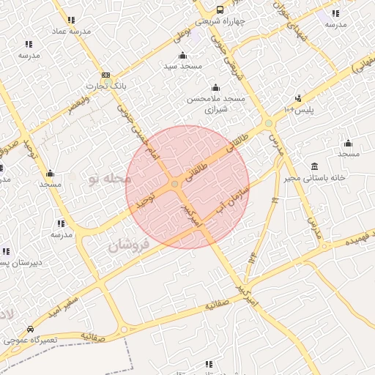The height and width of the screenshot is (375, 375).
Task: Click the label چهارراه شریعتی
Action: (x=220, y=21)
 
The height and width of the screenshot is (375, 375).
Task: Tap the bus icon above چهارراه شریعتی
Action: (x=220, y=10)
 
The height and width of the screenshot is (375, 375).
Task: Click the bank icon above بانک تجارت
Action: (x=106, y=75)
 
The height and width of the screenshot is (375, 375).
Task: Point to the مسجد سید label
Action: (x=182, y=67)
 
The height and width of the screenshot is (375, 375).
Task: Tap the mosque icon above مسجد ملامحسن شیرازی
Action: (x=215, y=88)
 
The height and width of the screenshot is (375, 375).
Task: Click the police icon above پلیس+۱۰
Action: (x=298, y=98)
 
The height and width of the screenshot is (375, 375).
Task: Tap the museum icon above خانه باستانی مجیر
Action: (x=314, y=166)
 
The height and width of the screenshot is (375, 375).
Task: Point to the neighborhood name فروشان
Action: (x=129, y=245)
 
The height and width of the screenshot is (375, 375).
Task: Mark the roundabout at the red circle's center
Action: (x=176, y=184)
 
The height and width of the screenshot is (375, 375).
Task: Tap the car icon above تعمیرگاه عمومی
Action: (x=29, y=329)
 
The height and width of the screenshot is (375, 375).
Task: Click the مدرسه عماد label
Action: (x=70, y=32)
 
